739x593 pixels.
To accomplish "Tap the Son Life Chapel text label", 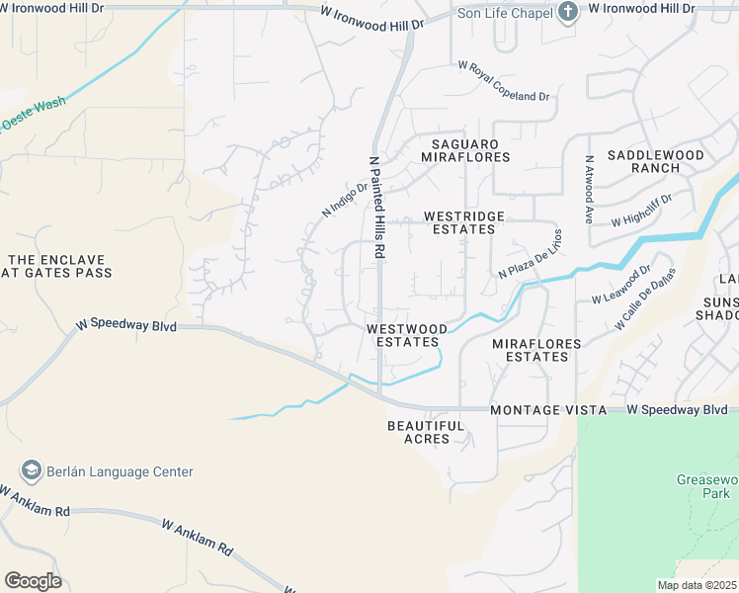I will coord(503,13).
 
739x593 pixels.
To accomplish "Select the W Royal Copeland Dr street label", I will coord(504,81).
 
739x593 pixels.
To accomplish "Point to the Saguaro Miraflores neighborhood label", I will coord(465,150).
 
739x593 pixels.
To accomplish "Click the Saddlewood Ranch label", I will coord(656,161).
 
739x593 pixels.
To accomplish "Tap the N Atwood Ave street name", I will coord(589,188).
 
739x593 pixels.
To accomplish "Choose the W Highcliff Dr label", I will coord(641,211).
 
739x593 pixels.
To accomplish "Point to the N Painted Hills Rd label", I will coord(376,207).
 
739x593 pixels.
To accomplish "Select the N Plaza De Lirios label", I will coord(531,253).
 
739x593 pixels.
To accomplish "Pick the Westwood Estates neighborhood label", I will coord(406,335).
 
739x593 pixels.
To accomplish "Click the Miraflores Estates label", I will coord(536,350).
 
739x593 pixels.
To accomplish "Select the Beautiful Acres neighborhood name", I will coord(426,432).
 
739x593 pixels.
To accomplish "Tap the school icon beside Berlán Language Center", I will coord(31,471).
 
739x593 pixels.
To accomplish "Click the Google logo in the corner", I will coord(33,581).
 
